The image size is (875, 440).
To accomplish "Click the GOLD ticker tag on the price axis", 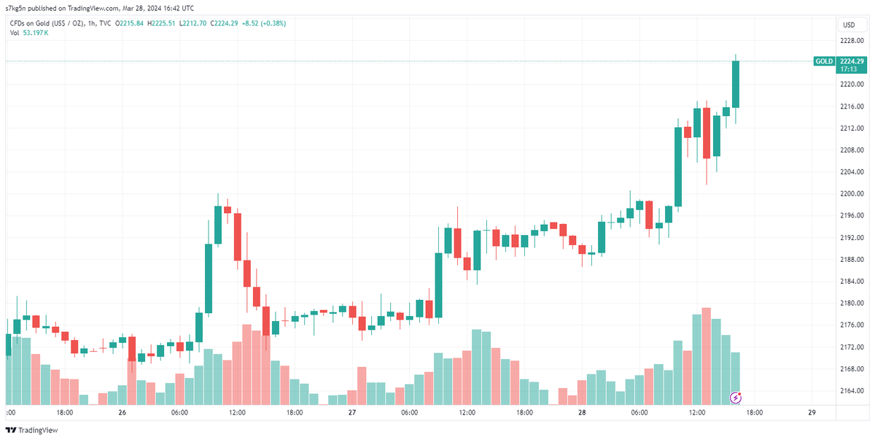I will click(824, 61).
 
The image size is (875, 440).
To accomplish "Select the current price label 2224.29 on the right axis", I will click(851, 61).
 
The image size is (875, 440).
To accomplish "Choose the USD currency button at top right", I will click(849, 25).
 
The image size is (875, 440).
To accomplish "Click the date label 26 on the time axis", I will click(122, 412).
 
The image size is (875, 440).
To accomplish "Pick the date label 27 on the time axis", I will click(352, 412).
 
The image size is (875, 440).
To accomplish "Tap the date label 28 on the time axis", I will click(582, 412).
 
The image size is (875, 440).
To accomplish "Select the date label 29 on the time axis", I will click(812, 412).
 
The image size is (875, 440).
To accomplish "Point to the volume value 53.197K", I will click(36, 33).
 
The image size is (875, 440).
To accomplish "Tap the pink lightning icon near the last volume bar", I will click(736, 398).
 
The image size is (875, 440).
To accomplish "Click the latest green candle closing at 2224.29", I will click(736, 84).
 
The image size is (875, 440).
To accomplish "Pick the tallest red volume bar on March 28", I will click(706, 356).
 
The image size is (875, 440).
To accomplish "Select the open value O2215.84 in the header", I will click(128, 23).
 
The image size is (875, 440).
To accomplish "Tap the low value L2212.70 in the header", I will click(193, 23).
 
